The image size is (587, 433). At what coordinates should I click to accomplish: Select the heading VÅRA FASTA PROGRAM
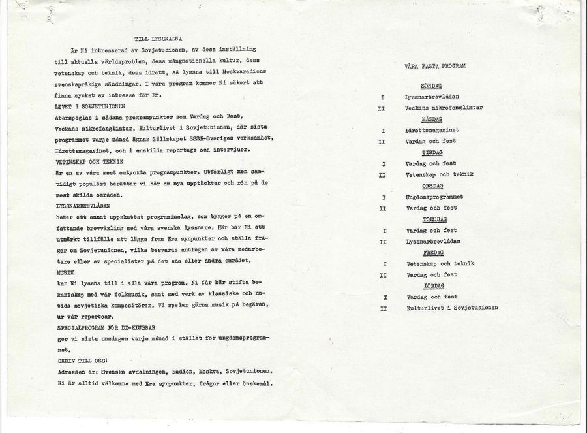[x=434, y=66]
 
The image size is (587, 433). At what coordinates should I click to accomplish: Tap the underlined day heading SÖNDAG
[x=432, y=86]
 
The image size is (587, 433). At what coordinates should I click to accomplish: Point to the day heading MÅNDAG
[x=432, y=120]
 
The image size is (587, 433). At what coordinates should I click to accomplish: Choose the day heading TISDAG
[x=432, y=152]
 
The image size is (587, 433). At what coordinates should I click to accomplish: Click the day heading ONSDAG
[x=432, y=185]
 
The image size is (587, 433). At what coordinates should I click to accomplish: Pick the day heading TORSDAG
[x=433, y=219]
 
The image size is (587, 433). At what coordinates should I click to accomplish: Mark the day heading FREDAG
[x=432, y=253]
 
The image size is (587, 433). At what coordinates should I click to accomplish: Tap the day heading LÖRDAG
[x=433, y=286]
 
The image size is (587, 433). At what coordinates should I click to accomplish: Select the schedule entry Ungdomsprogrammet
[x=434, y=197]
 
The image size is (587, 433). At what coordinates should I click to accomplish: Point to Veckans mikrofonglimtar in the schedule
[x=444, y=108]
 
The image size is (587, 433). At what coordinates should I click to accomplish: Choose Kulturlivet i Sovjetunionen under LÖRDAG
[x=452, y=308]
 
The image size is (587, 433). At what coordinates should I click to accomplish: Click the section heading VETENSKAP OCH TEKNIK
[x=89, y=161]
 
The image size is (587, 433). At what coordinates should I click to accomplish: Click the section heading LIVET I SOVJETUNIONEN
[x=91, y=106]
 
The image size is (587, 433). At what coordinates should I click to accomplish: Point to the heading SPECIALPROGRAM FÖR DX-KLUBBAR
[x=104, y=327]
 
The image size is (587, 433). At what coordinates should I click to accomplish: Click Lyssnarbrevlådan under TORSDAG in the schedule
[x=432, y=241]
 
